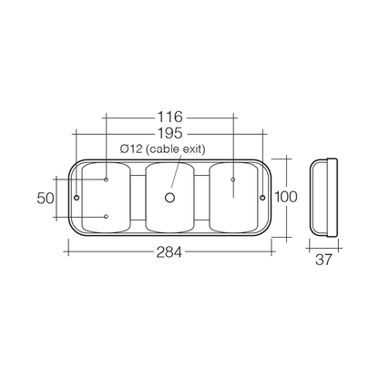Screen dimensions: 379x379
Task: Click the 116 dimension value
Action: point(170,117)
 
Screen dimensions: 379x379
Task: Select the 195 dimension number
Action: point(170,133)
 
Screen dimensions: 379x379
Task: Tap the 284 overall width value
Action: point(169,252)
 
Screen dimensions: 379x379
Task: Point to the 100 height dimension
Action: point(286,197)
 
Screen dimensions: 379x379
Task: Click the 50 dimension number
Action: point(46,198)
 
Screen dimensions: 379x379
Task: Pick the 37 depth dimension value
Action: point(323,260)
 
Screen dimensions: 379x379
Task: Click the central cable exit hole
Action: point(169,198)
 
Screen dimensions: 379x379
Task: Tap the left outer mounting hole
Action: point(77,198)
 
